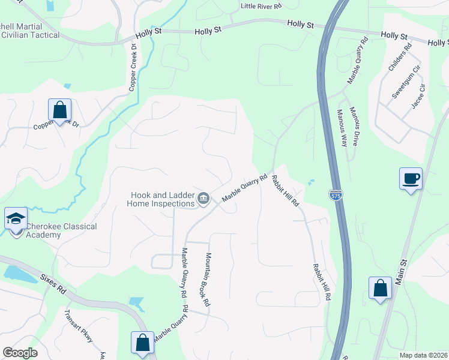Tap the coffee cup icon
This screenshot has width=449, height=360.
[411, 179]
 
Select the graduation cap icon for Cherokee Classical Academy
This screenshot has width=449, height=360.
[16, 218]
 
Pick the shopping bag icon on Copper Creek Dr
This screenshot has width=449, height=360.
[59, 110]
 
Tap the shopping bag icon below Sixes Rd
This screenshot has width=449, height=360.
[142, 343]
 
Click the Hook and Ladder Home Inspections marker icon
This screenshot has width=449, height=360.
[203, 199]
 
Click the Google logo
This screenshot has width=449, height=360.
[20, 352]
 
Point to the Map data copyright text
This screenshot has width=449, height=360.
[423, 355]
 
